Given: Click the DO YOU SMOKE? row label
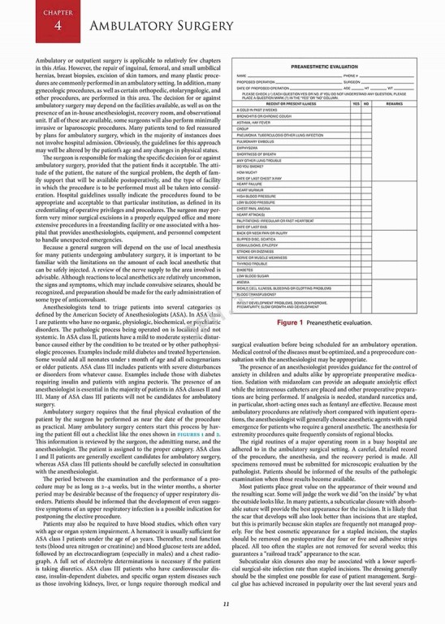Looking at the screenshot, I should point(249,165).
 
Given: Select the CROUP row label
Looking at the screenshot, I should point(243,128).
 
